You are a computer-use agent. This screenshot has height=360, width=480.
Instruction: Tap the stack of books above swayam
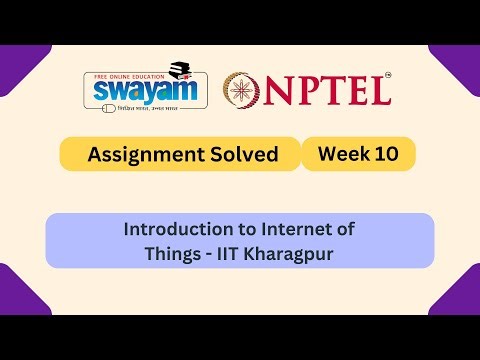180,70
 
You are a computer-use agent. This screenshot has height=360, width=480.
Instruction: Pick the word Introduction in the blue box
175,229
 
